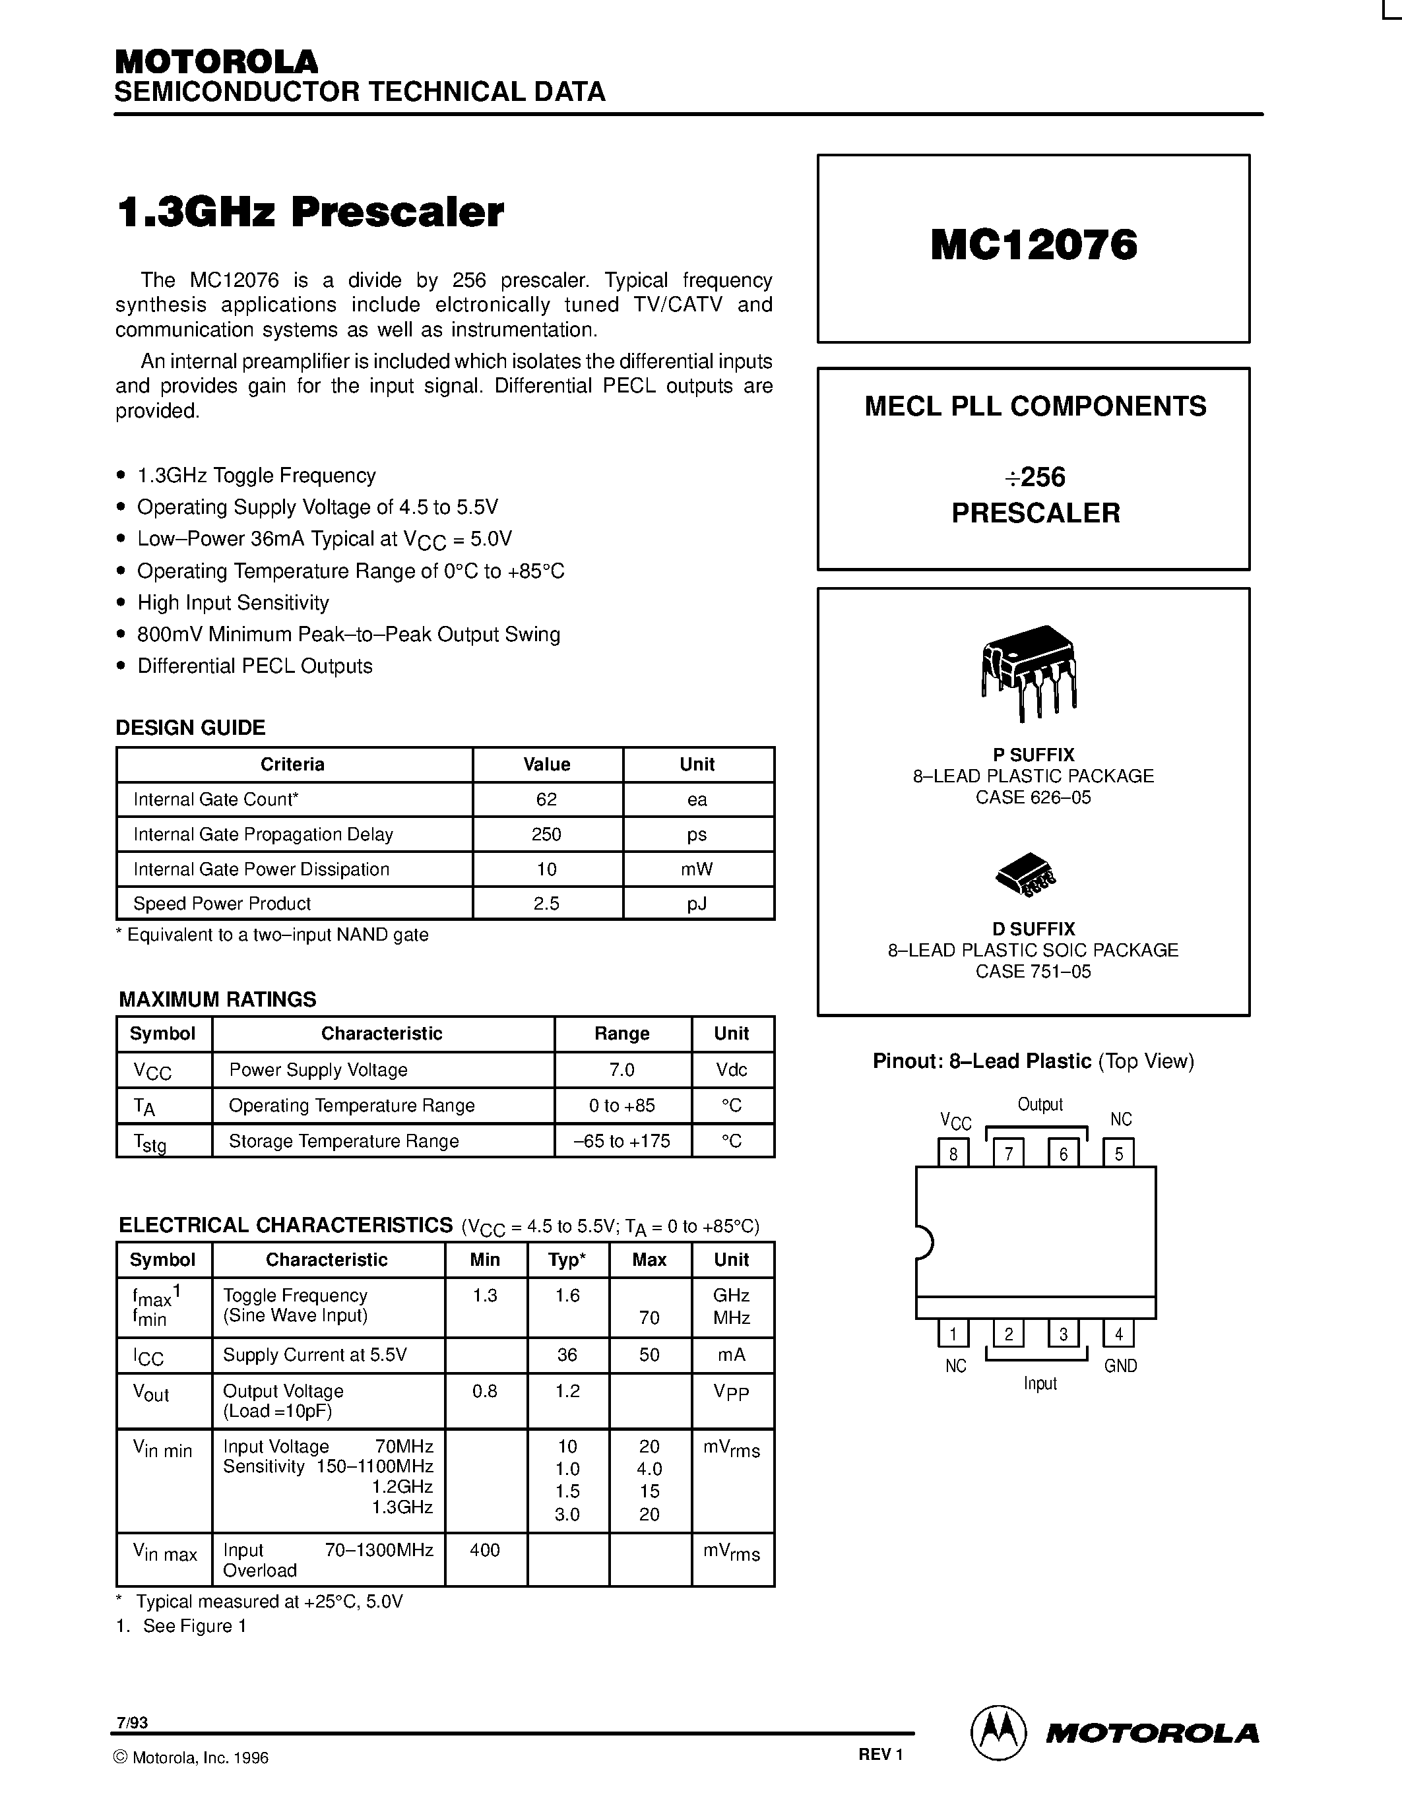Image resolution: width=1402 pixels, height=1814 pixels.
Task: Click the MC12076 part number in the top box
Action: click(x=1033, y=245)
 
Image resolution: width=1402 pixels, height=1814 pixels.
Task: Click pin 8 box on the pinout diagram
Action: click(x=953, y=1154)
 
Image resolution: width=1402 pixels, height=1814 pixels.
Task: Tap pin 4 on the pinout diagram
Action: click(x=1118, y=1334)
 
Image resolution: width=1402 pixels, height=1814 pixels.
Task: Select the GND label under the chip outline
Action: click(x=1120, y=1366)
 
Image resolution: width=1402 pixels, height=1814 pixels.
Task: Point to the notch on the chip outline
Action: click(x=924, y=1243)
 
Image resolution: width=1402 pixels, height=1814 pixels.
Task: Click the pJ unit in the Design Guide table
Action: click(x=697, y=904)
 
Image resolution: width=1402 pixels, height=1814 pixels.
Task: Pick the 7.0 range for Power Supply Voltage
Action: click(x=621, y=1070)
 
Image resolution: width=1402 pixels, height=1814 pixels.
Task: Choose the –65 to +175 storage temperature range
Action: click(x=621, y=1141)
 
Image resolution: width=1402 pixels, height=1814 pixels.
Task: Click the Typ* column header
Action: click(x=567, y=1260)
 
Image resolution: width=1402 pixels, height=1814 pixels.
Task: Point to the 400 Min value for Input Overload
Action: click(x=485, y=1550)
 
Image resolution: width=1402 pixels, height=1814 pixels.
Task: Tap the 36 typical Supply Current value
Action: click(x=567, y=1355)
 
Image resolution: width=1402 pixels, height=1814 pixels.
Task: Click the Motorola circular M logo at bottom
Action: click(x=998, y=1733)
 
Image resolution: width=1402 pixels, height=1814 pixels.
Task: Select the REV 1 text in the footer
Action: click(x=880, y=1754)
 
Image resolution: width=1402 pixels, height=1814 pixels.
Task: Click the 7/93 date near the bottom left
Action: click(x=132, y=1722)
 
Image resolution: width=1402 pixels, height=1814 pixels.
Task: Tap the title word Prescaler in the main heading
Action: click(x=397, y=212)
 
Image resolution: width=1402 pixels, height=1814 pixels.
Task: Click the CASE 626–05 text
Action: click(x=1033, y=798)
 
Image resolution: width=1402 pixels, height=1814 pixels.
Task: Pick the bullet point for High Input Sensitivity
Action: click(x=121, y=602)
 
